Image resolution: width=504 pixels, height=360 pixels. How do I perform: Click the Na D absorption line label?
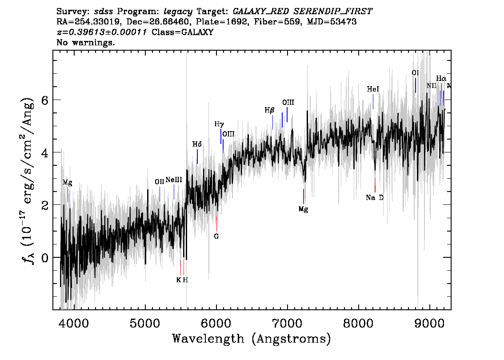pos(375,198)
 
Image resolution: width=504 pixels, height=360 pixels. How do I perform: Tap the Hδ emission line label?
pos(197,144)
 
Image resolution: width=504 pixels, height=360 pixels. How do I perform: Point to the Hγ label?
pos(219,124)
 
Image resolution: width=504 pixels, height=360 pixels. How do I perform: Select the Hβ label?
pos(269,110)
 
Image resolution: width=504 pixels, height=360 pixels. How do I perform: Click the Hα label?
pos(441,78)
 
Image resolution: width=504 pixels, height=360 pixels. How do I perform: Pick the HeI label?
pos(373,89)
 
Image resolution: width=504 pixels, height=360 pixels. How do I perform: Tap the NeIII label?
pos(174,180)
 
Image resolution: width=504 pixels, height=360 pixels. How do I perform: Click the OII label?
pos(160,182)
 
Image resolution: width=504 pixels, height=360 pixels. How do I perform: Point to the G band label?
pos(216,236)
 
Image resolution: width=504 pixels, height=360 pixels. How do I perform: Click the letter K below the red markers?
pos(178,280)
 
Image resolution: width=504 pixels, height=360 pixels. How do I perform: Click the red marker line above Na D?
pos(375,185)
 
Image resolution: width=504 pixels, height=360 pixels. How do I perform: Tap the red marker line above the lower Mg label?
pos(304,196)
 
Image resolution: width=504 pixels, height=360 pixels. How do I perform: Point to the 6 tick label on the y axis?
pos(44,100)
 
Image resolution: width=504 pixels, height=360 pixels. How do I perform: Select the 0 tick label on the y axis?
pos(44,257)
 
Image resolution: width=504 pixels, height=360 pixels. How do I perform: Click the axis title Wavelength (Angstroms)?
pos(252,339)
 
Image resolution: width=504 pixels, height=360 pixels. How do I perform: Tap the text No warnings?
pos(85,42)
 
